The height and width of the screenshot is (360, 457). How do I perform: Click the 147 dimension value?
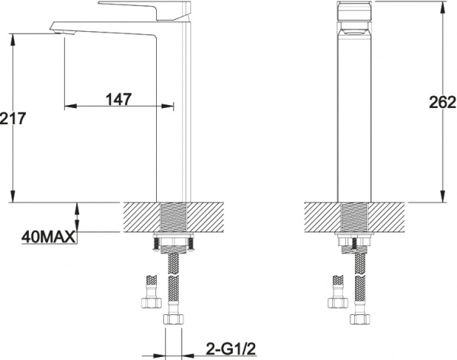[119, 99]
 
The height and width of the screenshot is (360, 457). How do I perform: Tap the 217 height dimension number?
[13, 118]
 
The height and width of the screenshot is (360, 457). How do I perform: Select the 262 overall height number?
[442, 102]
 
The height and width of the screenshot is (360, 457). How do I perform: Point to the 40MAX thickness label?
[49, 237]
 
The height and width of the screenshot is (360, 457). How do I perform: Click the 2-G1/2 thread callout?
[231, 349]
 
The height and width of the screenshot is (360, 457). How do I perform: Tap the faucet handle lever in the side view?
[145, 10]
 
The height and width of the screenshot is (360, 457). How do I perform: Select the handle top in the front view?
[354, 11]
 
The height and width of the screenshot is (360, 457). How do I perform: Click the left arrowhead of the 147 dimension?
[70, 106]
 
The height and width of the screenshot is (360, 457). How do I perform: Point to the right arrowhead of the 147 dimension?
[168, 106]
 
